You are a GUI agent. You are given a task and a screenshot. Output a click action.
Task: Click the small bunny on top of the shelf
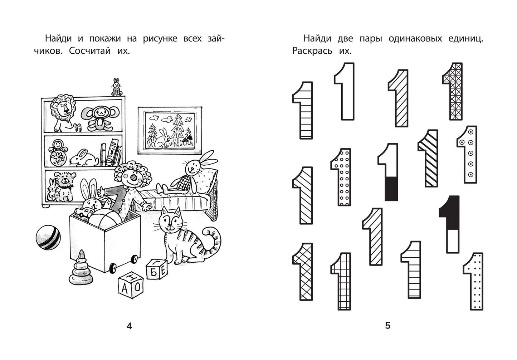click(x=117, y=87)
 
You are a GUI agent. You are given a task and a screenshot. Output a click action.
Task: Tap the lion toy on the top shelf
click(x=64, y=113)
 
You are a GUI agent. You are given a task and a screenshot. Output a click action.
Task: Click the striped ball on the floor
click(x=48, y=238)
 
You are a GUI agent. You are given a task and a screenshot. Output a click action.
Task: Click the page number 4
click(x=129, y=326)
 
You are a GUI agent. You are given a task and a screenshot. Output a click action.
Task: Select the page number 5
click(x=388, y=326)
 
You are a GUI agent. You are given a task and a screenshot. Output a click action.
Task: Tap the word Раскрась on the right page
click(x=312, y=50)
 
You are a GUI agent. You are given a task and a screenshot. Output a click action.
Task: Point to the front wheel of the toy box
click(x=113, y=268)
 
